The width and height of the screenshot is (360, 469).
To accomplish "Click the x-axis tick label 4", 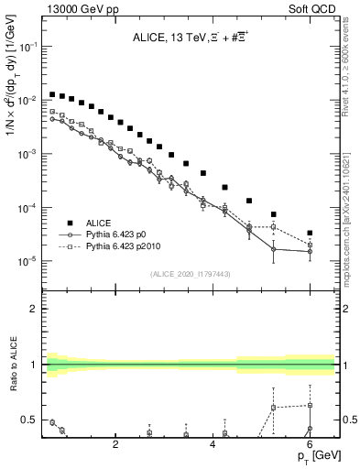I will click(x=213, y=444).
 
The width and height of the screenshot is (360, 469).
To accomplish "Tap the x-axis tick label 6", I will click(x=310, y=444).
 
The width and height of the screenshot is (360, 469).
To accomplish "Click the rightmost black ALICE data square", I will click(x=310, y=233).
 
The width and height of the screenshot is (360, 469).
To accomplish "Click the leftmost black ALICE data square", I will click(x=53, y=93).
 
